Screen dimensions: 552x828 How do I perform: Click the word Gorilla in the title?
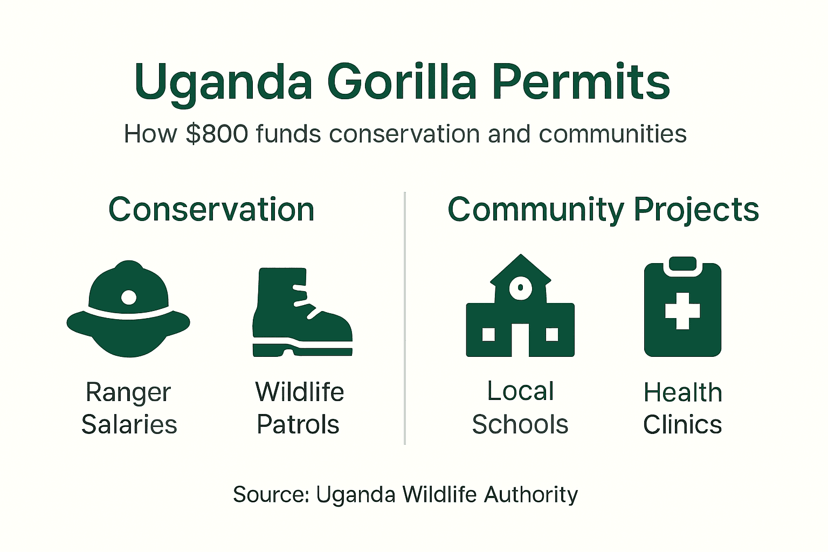(x=402, y=82)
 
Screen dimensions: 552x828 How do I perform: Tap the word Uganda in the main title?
(x=223, y=82)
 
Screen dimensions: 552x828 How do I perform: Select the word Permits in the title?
(x=581, y=82)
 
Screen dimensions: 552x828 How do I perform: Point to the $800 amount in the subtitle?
(x=217, y=134)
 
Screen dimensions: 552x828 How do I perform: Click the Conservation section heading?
(x=211, y=209)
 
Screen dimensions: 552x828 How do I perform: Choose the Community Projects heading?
(x=603, y=209)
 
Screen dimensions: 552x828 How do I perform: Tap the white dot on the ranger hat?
(x=129, y=296)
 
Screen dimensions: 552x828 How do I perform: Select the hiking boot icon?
(x=302, y=313)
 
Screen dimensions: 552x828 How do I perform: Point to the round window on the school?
(x=521, y=287)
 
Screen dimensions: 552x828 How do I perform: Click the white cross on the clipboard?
(x=682, y=311)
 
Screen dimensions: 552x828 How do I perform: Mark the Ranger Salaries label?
(x=129, y=408)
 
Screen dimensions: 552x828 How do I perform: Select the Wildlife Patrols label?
(x=299, y=408)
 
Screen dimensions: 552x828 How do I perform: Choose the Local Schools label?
(x=520, y=408)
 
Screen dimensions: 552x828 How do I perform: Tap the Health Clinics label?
(x=682, y=408)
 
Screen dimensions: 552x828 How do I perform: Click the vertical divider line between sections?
(x=405, y=318)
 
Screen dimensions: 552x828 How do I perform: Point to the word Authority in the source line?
(x=530, y=494)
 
